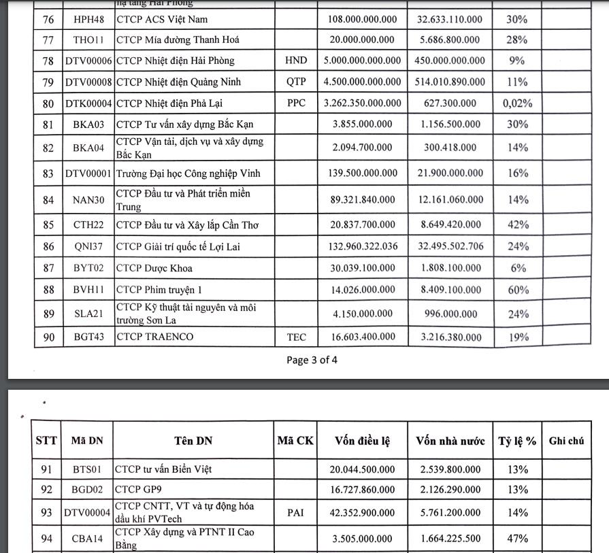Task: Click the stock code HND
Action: pos(296,61)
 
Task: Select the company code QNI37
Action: pos(88,246)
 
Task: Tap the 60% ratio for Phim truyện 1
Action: pos(517,290)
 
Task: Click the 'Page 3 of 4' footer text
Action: pos(312,360)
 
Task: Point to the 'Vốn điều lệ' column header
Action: pos(362,441)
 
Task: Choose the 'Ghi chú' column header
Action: pos(566,441)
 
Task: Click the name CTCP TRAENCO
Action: pos(154,337)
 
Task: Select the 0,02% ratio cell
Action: pos(517,104)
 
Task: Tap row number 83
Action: pos(48,173)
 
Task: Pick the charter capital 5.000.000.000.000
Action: pos(363,61)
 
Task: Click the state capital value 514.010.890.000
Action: pos(451,82)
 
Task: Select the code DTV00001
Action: pos(88,173)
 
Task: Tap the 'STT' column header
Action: pos(46,441)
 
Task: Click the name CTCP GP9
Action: pos(137,488)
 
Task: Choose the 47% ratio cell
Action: pos(517,539)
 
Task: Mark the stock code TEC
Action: pos(296,336)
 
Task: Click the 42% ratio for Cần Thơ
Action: pos(517,224)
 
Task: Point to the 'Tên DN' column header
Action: pos(193,441)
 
